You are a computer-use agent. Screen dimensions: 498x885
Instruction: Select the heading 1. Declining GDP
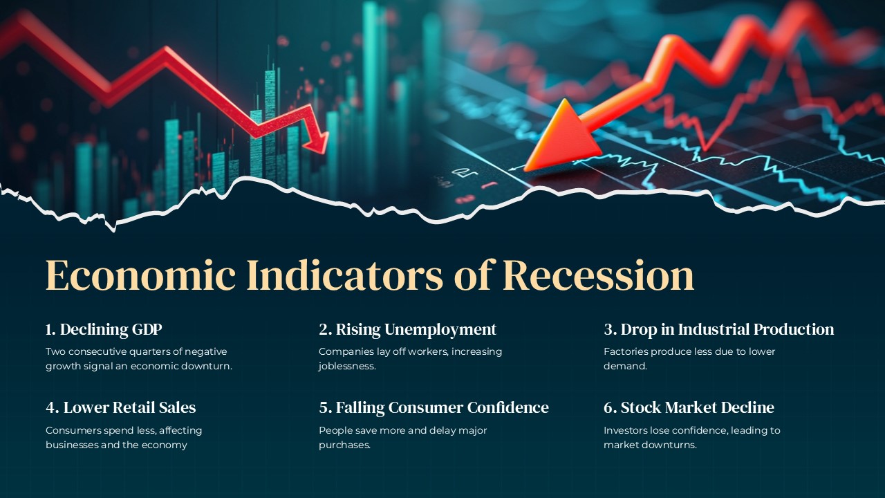104,329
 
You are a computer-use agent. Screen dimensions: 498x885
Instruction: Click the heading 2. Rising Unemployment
407,329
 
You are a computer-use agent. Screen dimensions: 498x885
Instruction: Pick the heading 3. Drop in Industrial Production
718,329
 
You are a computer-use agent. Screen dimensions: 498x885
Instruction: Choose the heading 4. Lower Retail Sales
120,407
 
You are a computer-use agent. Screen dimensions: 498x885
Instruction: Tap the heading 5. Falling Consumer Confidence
434,407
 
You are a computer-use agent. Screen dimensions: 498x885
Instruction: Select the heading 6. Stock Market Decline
689,407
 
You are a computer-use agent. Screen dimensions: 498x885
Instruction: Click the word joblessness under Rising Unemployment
347,367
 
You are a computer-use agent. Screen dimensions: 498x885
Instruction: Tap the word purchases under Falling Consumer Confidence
344,445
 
